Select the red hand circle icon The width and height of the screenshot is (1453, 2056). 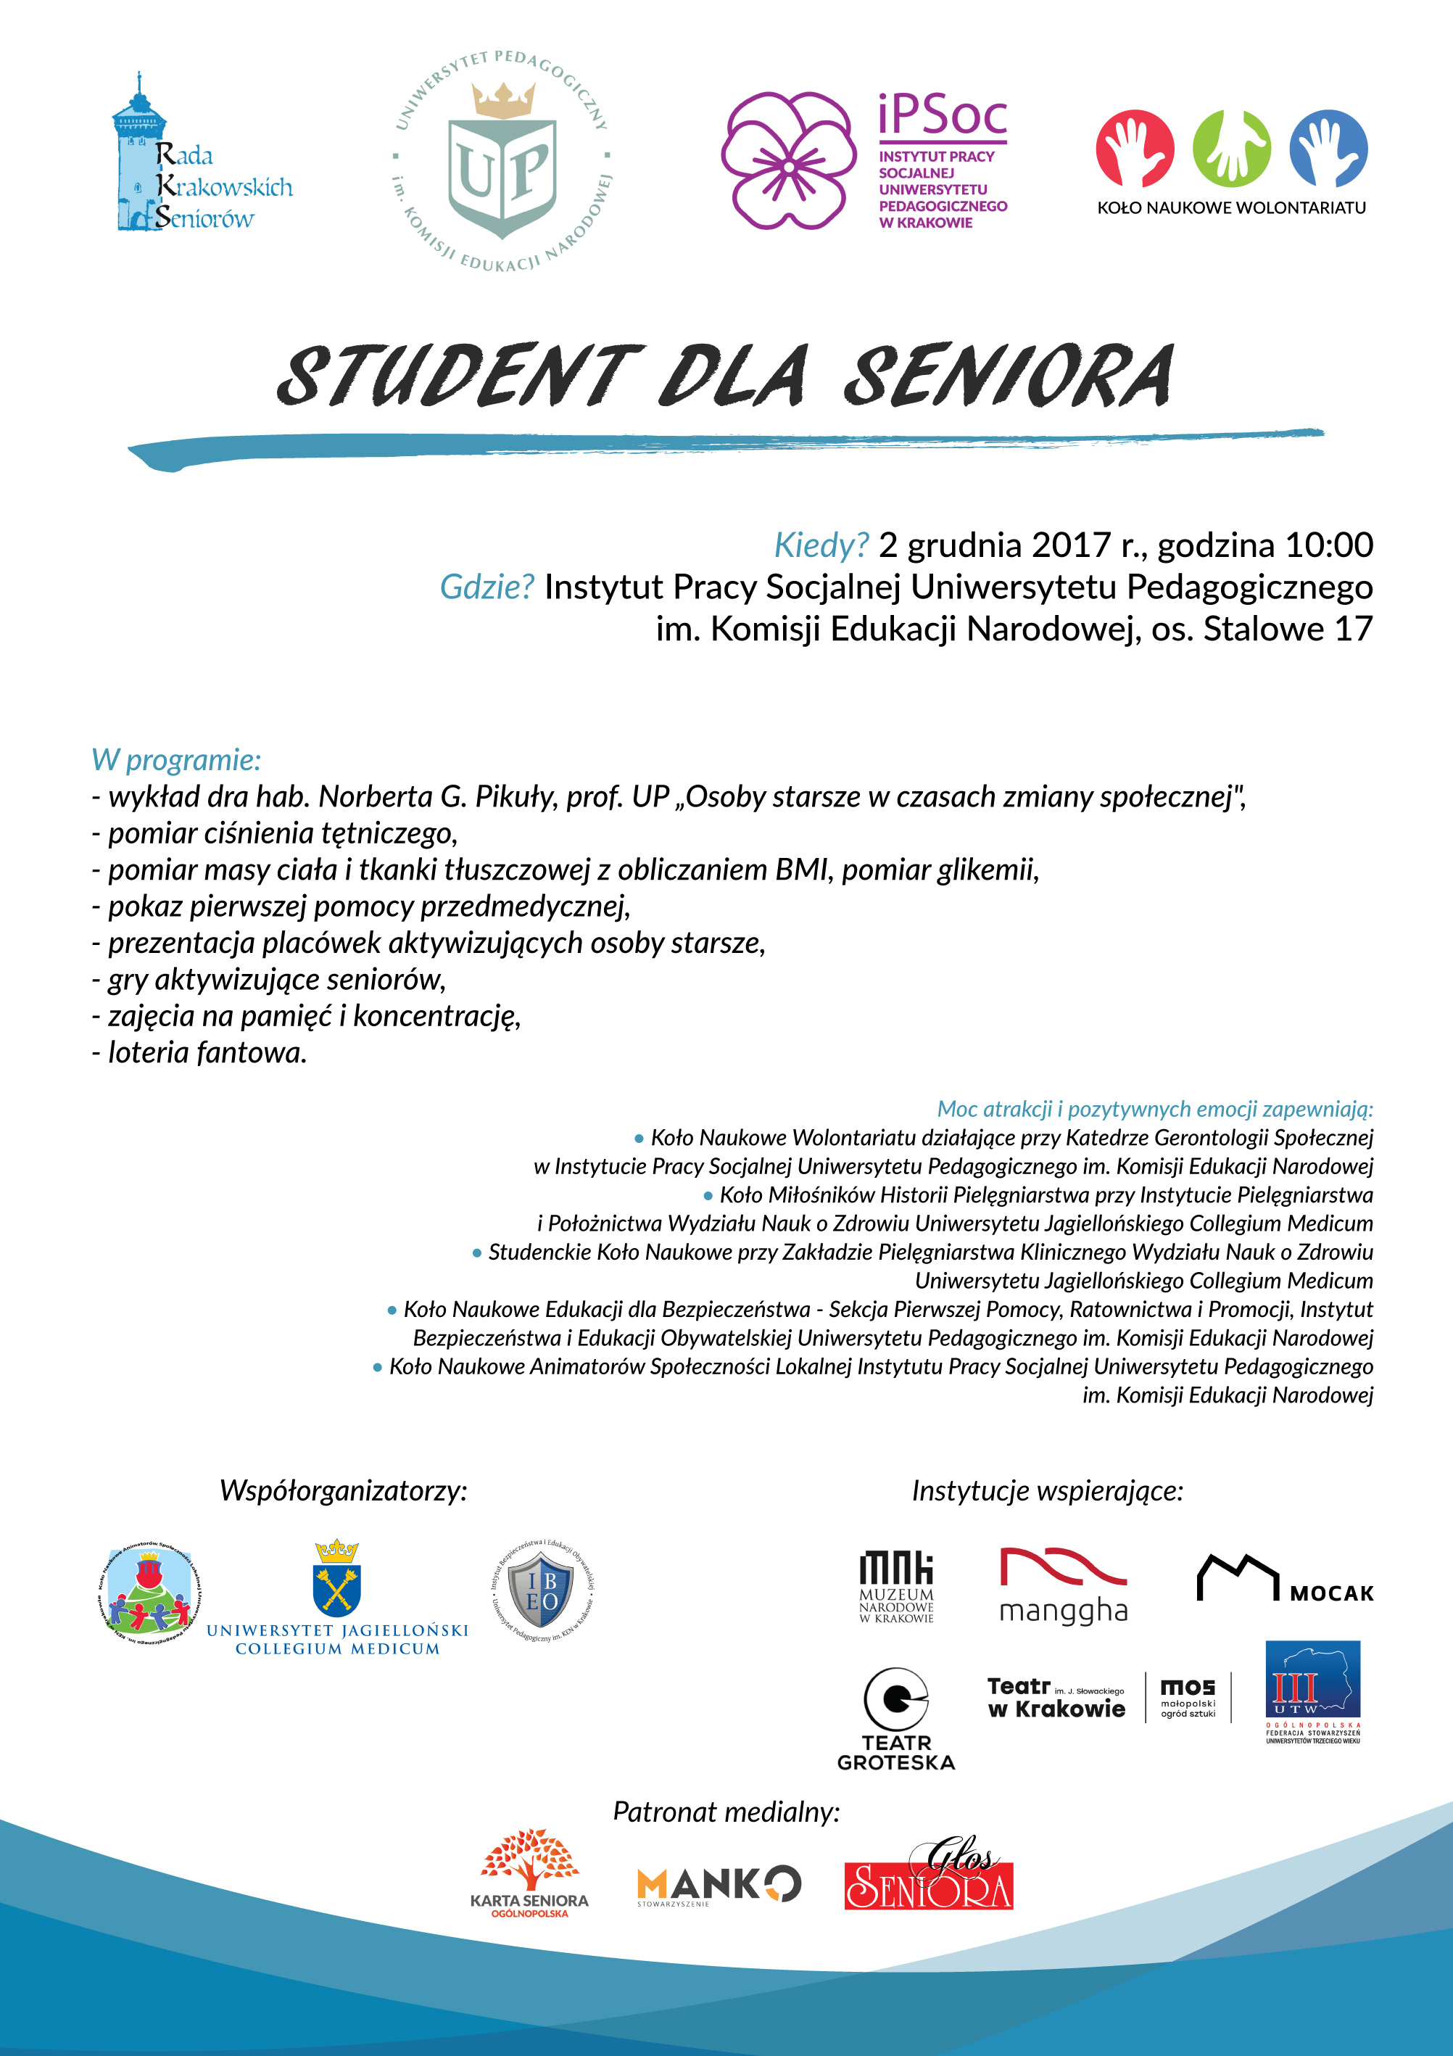tap(1134, 149)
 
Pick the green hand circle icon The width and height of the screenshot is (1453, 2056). tap(1231, 149)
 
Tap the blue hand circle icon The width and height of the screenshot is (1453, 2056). tap(1328, 149)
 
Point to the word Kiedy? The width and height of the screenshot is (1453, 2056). tap(821, 545)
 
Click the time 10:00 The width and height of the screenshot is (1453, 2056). tap(1328, 545)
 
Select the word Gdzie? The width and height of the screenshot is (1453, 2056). tap(487, 587)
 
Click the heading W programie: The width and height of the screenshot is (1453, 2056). tap(176, 759)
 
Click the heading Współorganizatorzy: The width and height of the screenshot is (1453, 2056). tap(344, 1490)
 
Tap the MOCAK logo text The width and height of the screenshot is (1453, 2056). tap(1331, 1593)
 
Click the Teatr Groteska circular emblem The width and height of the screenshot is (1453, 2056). tap(895, 1698)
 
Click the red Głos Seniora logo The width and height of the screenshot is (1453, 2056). tap(928, 1881)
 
